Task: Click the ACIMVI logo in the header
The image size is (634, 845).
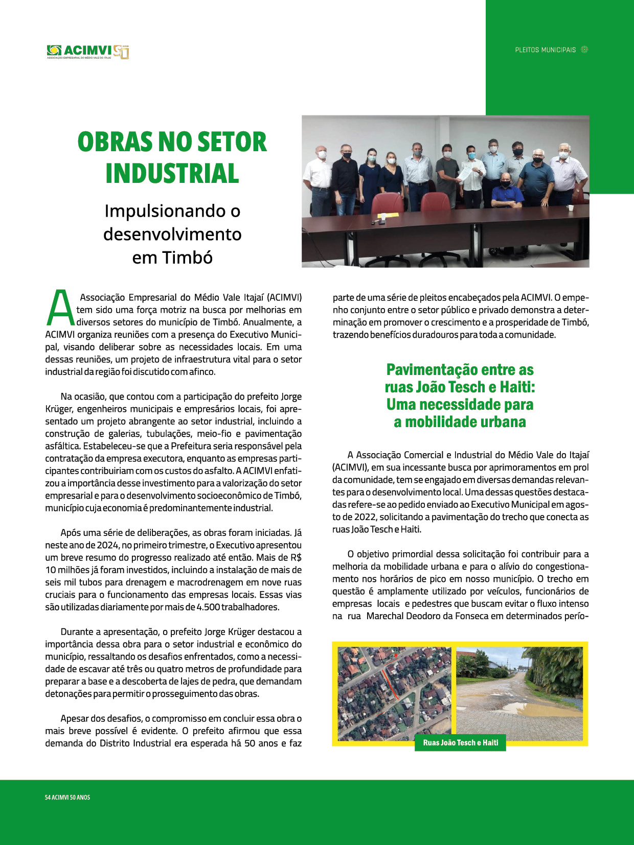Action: (x=87, y=51)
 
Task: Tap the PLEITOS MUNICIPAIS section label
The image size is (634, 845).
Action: (x=545, y=50)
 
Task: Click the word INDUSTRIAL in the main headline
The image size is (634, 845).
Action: (x=172, y=173)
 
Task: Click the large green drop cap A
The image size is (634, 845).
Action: (x=60, y=308)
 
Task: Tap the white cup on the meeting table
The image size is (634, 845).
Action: (x=569, y=208)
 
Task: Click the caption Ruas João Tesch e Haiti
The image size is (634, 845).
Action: (x=460, y=743)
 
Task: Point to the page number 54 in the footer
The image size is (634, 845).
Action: (x=48, y=797)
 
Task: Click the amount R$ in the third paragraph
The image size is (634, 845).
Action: (x=296, y=557)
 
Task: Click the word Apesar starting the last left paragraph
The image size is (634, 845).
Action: (x=76, y=719)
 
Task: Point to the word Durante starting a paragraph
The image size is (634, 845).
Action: (x=80, y=632)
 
